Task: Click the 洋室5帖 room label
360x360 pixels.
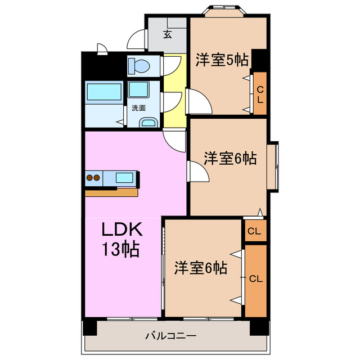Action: [x=222, y=60]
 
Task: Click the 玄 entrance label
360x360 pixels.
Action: [x=167, y=34]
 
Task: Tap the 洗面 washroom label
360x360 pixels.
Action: [x=138, y=107]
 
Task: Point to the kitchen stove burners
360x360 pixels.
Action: [x=93, y=178]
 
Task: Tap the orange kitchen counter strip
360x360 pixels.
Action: [x=111, y=192]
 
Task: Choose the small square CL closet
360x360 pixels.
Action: [x=254, y=231]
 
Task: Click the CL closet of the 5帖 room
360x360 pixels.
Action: [x=259, y=94]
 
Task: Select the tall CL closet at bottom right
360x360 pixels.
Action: [x=255, y=280]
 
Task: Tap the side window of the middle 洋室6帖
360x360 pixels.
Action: [x=272, y=166]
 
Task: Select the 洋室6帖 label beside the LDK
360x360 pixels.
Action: [x=200, y=268]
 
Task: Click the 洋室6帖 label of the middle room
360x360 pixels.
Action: [x=229, y=159]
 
